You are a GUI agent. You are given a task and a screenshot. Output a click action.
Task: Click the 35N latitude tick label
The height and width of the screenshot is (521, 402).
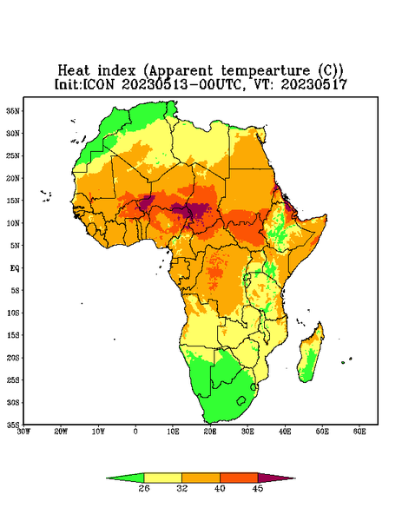[x=13, y=110]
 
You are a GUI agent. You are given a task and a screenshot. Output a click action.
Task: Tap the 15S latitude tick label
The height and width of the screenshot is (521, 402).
[x=13, y=335]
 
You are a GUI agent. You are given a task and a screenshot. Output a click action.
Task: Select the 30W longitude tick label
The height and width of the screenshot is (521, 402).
[x=23, y=432]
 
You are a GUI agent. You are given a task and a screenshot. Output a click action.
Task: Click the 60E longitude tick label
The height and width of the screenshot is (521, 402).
[x=359, y=432]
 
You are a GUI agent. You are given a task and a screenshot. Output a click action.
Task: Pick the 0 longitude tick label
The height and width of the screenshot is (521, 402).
[x=135, y=432]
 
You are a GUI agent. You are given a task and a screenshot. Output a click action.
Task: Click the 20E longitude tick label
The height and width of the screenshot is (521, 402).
[x=210, y=432]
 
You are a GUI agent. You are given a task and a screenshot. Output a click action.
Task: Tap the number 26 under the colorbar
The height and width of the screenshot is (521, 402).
[x=144, y=488]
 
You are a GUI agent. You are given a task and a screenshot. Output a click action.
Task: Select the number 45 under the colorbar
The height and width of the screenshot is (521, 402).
[x=258, y=488]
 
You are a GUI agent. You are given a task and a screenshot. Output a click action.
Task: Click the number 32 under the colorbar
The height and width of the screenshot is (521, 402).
[x=182, y=488]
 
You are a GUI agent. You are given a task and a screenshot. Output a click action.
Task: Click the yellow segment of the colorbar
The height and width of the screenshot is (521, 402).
[x=162, y=478]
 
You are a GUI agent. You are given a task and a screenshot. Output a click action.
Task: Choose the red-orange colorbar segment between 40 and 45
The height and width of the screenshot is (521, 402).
[x=239, y=478]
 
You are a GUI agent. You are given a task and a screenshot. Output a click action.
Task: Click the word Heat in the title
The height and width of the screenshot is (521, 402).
[x=74, y=71]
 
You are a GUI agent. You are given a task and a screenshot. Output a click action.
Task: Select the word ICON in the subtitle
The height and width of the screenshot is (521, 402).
[x=98, y=84]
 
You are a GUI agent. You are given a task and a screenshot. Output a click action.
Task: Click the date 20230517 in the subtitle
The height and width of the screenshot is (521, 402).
[x=314, y=84]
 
